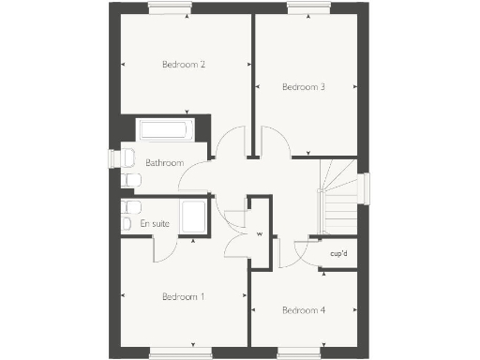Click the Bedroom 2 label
pos(184,65)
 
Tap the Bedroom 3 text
pos(304,87)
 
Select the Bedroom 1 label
pos(184,296)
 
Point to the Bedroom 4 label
pos(304,310)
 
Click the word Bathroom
pos(164,162)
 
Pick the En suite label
pos(155,224)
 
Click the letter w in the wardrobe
pos(260,233)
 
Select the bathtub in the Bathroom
pos(165,130)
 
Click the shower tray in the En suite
pos(194,217)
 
